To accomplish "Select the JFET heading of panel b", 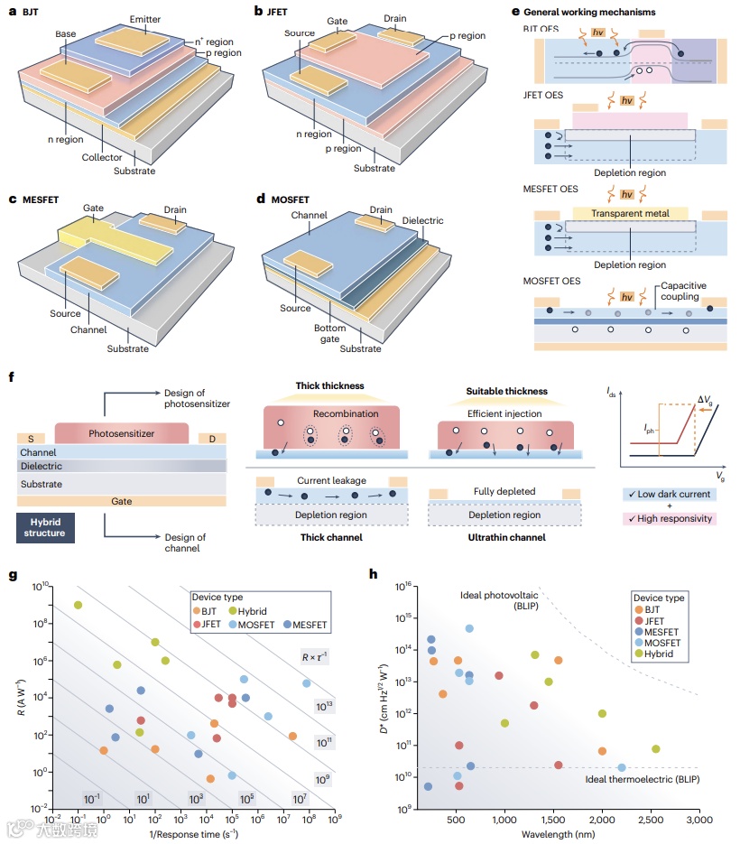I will point(277,13).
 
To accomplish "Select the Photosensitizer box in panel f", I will point(123,433).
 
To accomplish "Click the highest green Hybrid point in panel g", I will point(79,605).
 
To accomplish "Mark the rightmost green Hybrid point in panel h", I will point(655,748).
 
